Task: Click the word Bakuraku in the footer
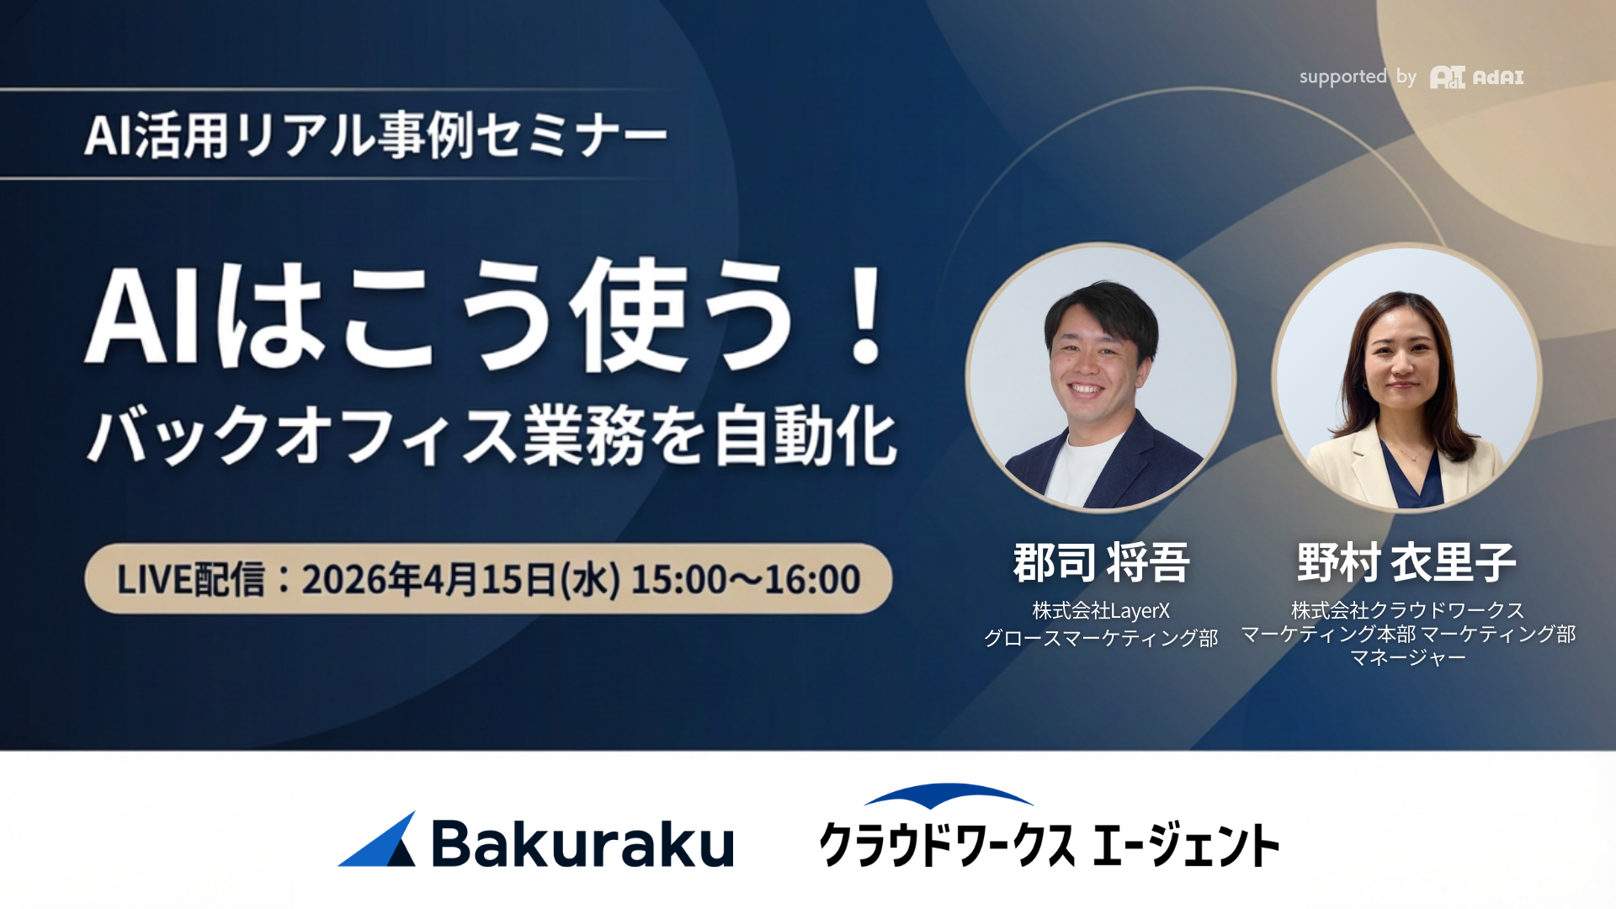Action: point(582,843)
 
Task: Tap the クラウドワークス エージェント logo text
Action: point(1049,845)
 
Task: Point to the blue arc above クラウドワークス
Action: point(949,794)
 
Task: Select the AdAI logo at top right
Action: point(1477,77)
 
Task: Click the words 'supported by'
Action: point(1358,77)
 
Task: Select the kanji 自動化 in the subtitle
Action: point(805,435)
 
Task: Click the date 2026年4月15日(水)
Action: point(460,579)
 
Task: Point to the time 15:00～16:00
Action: point(746,579)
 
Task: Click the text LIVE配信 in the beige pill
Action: point(190,579)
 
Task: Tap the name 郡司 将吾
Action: point(1101,562)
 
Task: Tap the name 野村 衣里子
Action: point(1406,562)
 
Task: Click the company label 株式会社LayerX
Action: point(1101,610)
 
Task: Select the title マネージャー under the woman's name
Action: point(1407,657)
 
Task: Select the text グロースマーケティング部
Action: point(1101,638)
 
